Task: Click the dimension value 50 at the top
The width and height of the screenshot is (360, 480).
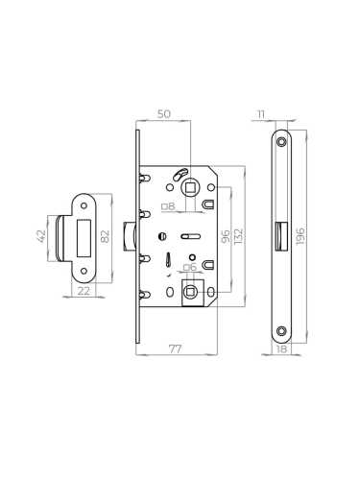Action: coord(164,115)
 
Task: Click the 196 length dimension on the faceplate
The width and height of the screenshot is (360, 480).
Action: coord(300,234)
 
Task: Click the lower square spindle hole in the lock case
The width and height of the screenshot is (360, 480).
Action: coord(192,291)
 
